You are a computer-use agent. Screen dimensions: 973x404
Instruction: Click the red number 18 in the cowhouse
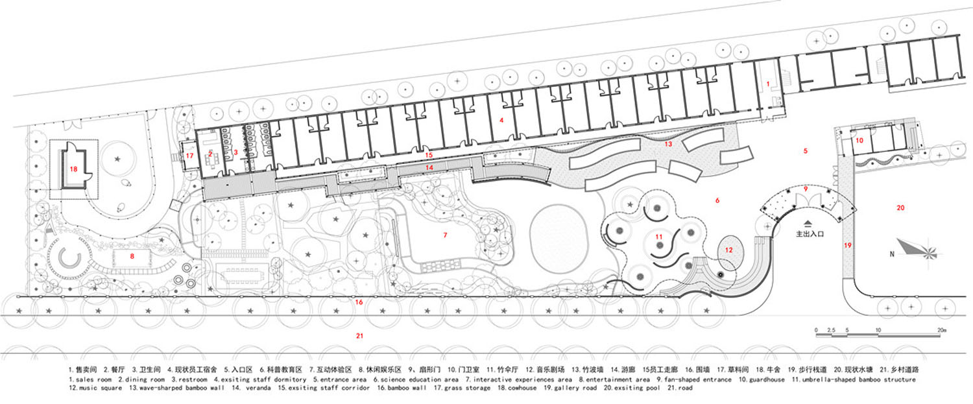[x=73, y=169]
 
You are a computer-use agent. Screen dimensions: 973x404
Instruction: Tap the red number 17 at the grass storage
[x=190, y=156]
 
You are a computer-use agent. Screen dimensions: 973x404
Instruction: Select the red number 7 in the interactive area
[x=445, y=235]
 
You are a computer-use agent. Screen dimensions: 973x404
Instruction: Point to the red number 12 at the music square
[x=729, y=250]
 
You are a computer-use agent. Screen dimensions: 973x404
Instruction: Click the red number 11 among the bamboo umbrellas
[x=659, y=237]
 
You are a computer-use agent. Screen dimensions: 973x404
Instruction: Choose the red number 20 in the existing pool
[x=900, y=208]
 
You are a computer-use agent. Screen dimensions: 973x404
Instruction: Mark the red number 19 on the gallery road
[x=847, y=245]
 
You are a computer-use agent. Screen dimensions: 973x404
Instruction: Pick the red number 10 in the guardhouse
[x=859, y=140]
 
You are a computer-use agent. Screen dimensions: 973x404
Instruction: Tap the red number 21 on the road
[x=359, y=336]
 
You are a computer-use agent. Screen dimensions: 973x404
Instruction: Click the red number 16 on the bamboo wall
[x=359, y=302]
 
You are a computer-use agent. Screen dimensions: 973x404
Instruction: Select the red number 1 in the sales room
[x=768, y=84]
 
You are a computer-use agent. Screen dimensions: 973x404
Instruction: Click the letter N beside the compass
[x=892, y=254]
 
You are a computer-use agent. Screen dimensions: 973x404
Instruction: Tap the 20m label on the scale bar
[x=941, y=330]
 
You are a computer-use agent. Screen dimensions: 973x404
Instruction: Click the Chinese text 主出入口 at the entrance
[x=810, y=233]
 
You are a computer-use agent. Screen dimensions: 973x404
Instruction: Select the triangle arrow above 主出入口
[x=808, y=224]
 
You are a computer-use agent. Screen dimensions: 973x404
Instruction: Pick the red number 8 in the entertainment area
[x=132, y=256]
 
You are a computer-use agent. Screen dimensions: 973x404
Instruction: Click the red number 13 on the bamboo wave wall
[x=668, y=144]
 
